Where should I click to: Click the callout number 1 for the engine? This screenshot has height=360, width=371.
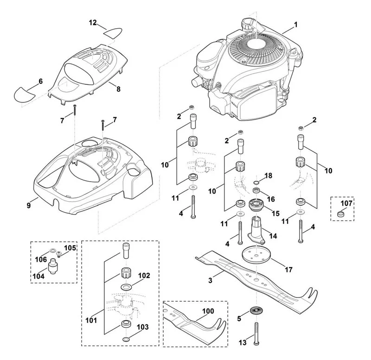[x=295, y=25]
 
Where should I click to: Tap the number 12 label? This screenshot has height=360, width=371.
[x=93, y=23]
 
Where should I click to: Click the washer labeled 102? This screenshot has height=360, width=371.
[x=126, y=287]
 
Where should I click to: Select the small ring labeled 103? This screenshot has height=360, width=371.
[x=126, y=340]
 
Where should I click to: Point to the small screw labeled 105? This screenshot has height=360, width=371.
[x=59, y=254]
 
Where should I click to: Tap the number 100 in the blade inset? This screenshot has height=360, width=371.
[x=208, y=311]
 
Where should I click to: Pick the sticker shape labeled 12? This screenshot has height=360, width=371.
[x=113, y=33]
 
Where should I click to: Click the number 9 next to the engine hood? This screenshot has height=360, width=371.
[x=29, y=206]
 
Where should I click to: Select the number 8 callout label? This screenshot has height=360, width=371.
[x=118, y=89]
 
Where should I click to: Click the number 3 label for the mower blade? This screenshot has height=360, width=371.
[x=211, y=280]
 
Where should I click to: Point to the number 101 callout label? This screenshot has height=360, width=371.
[x=91, y=321]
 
